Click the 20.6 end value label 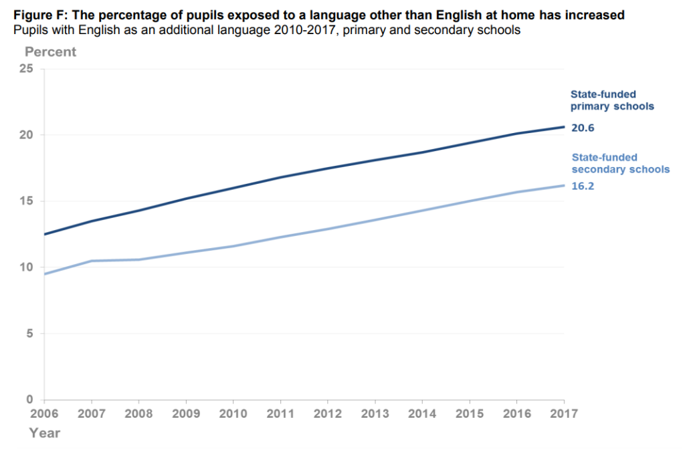coord(583,128)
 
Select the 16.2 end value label coord(583,187)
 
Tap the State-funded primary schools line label coord(611,100)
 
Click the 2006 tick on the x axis coord(44,414)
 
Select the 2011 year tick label coord(281,414)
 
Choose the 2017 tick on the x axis coord(564,414)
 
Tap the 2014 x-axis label coord(422,414)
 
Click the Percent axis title coord(51,51)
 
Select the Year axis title coord(44,433)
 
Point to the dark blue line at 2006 coord(45,234)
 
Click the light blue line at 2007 coord(92,261)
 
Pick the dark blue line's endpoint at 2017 coord(564,127)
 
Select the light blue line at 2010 coord(233,246)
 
